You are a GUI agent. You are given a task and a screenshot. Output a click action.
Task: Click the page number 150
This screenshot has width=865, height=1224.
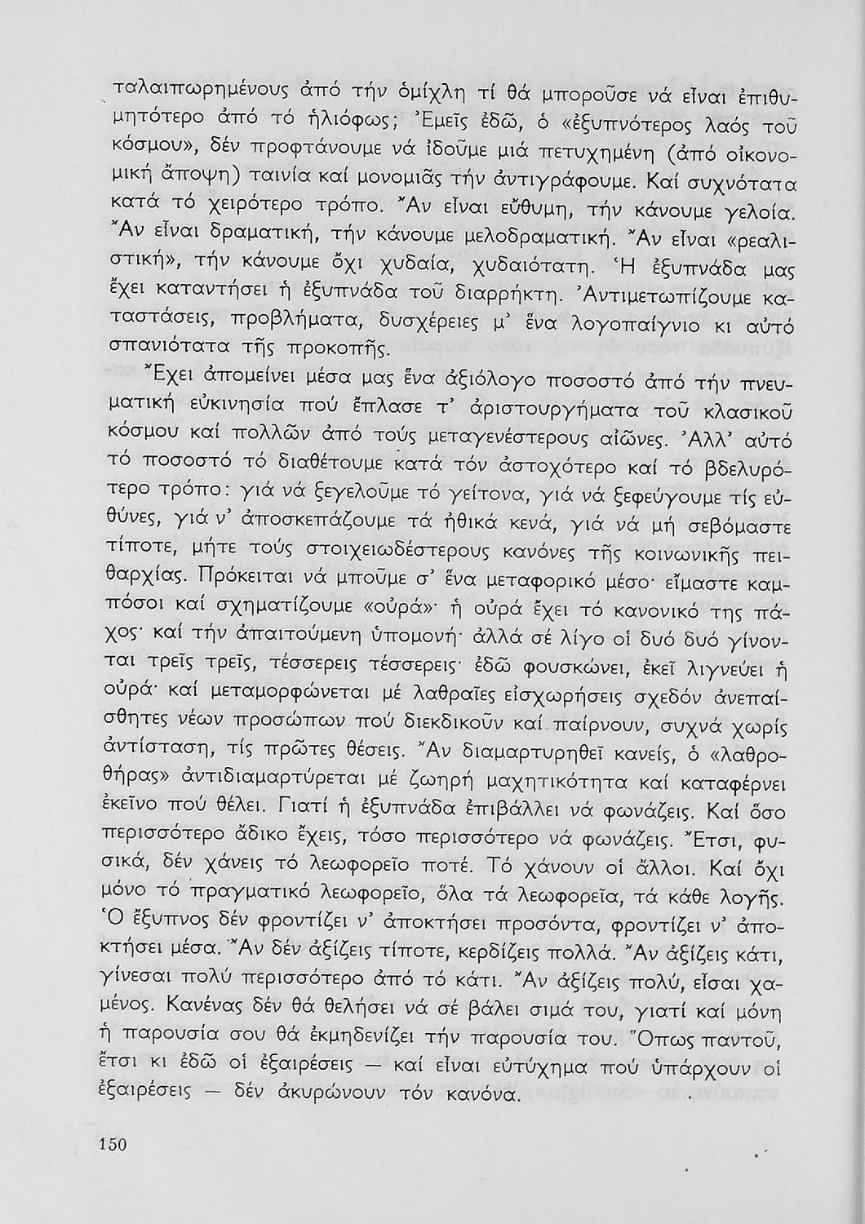click(113, 1144)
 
